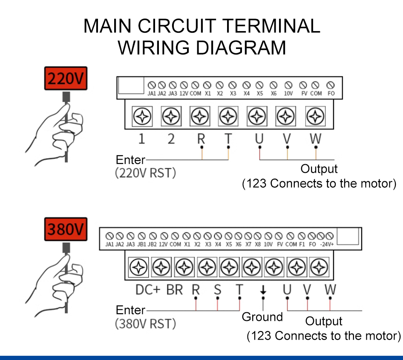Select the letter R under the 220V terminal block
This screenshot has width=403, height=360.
(x=201, y=139)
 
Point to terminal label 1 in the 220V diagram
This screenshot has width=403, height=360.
(x=141, y=139)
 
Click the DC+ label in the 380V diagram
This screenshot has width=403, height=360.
(x=148, y=290)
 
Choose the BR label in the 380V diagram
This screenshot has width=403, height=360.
(x=175, y=290)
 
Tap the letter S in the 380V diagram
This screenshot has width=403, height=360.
(x=217, y=290)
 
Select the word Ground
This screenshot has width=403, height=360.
(x=262, y=317)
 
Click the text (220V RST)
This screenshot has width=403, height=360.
(x=145, y=174)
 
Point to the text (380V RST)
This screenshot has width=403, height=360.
(x=145, y=323)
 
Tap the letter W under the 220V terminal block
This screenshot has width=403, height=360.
(x=316, y=139)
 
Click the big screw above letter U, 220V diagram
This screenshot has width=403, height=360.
(x=258, y=115)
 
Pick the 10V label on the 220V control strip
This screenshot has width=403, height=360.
(x=288, y=93)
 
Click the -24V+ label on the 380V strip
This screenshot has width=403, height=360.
(x=327, y=245)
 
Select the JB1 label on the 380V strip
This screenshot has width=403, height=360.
(x=141, y=245)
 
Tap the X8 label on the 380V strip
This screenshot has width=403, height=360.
(x=257, y=245)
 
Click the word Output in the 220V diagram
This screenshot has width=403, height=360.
(x=319, y=169)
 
